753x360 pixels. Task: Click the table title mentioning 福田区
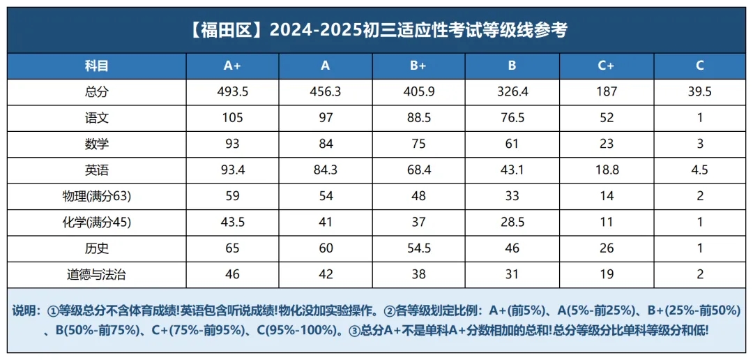tap(377, 31)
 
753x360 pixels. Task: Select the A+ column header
tap(232, 66)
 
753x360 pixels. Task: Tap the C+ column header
tap(607, 66)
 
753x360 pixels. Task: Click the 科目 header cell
tap(97, 66)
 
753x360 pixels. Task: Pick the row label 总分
tap(97, 92)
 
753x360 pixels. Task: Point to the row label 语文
tap(97, 118)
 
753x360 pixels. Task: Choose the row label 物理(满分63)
tap(97, 196)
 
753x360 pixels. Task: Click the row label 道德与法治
tap(97, 274)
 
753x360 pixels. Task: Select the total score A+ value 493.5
tap(232, 92)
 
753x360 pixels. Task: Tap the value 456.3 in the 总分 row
tap(326, 92)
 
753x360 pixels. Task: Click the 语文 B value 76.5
tap(512, 118)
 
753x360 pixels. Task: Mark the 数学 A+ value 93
tap(232, 144)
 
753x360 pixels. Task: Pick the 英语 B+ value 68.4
tap(418, 170)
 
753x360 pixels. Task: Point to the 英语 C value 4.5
tap(700, 170)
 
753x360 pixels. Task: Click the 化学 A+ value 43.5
tap(232, 223)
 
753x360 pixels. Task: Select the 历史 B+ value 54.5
tap(418, 248)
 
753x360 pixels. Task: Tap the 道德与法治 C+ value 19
tap(607, 274)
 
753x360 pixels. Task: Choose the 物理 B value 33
tap(512, 196)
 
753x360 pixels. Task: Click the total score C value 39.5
tap(700, 92)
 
